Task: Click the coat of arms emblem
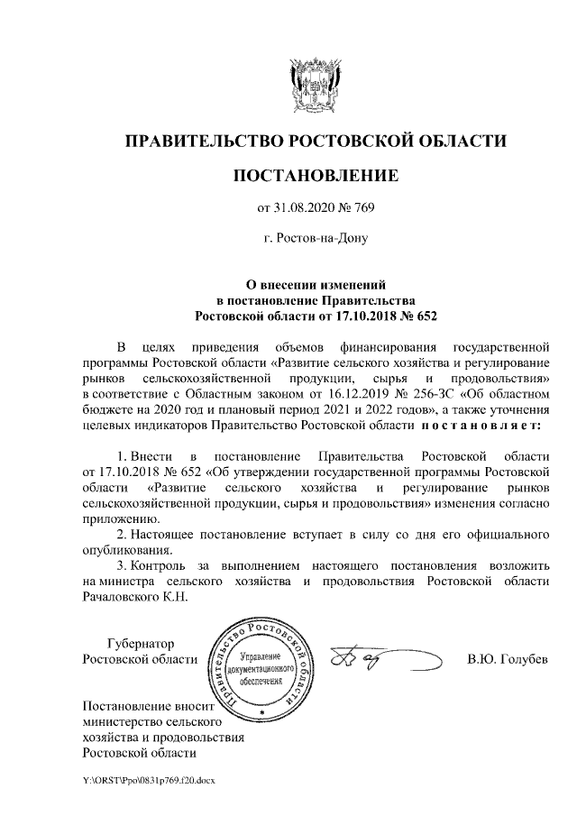pyautogui.click(x=315, y=80)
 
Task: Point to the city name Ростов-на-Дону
pyautogui.click(x=316, y=240)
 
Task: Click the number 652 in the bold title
pyautogui.click(x=419, y=316)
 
